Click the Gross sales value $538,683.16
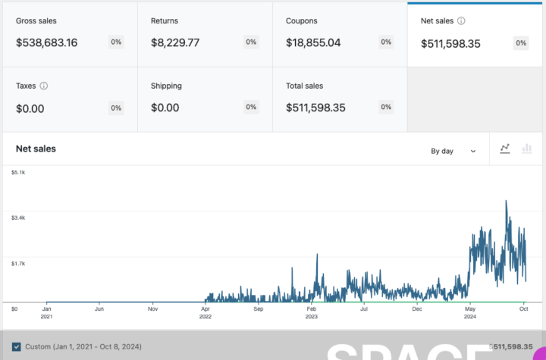pyautogui.click(x=46, y=42)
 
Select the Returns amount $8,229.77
pyautogui.click(x=175, y=42)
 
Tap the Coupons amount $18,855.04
pyautogui.click(x=313, y=42)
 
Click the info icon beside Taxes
pyautogui.click(x=43, y=86)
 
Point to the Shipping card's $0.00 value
pyautogui.click(x=165, y=108)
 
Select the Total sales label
pyautogui.click(x=305, y=86)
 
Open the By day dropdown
pyautogui.click(x=453, y=151)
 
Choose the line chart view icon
pyautogui.click(x=505, y=150)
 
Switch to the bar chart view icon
pyautogui.click(x=527, y=150)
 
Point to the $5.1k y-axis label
pyautogui.click(x=19, y=173)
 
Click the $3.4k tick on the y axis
pyautogui.click(x=19, y=218)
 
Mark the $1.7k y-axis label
pyautogui.click(x=19, y=264)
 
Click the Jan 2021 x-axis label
pyautogui.click(x=46, y=313)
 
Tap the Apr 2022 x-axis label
pyautogui.click(x=206, y=313)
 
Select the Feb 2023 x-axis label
pyautogui.click(x=312, y=313)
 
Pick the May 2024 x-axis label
pyautogui.click(x=470, y=313)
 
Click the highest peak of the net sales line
pyautogui.click(x=506, y=201)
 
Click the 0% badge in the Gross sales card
pyautogui.click(x=116, y=42)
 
